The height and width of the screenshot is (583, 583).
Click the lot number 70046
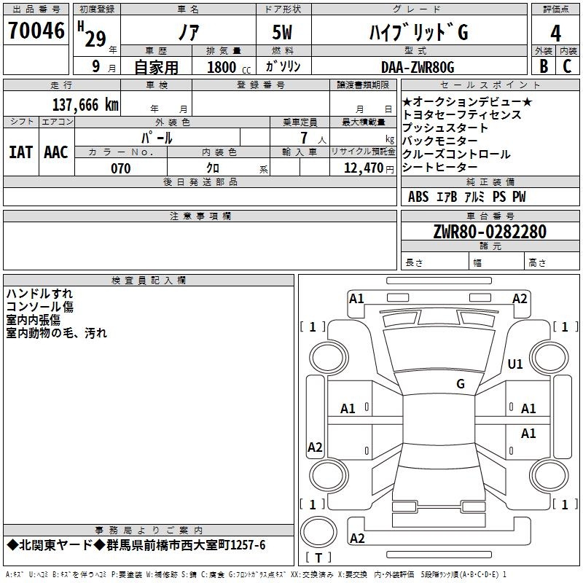[x=36, y=31]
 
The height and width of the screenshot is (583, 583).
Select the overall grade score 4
[x=555, y=34]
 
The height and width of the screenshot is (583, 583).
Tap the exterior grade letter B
[x=544, y=66]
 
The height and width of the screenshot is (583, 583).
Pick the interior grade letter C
[x=567, y=66]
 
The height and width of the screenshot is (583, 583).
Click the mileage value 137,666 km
[x=85, y=105]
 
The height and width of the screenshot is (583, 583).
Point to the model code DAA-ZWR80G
[x=418, y=67]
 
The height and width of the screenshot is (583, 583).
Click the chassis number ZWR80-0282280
[x=490, y=232]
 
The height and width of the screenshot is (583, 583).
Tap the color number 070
[x=121, y=168]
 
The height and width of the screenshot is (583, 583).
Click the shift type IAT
[x=20, y=152]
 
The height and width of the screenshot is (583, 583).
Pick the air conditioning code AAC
[x=56, y=152]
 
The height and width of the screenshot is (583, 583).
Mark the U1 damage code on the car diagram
[x=515, y=364]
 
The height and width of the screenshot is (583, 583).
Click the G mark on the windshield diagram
[x=461, y=384]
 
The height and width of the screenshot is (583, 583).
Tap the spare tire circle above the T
[x=318, y=532]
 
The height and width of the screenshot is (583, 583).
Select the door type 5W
[x=282, y=32]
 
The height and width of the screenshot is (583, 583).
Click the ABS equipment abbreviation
[x=418, y=197]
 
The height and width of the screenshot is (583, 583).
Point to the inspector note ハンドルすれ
[x=39, y=294]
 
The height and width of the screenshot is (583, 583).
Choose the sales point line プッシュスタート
[x=445, y=128]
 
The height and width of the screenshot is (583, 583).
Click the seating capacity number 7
[x=304, y=138]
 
